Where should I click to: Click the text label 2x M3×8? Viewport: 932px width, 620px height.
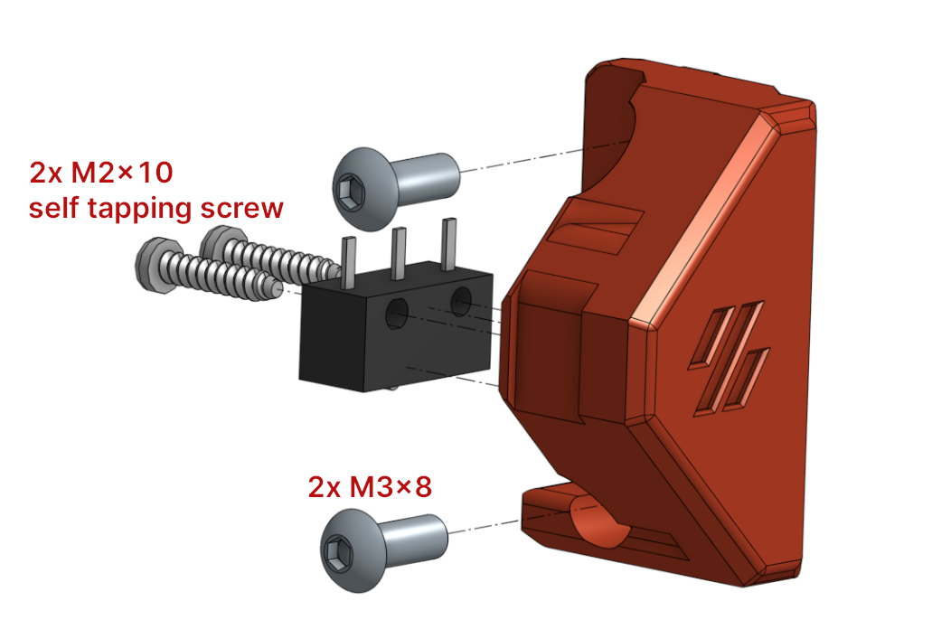click(370, 487)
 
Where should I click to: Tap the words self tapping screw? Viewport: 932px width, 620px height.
click(155, 209)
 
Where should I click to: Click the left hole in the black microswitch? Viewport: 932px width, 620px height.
click(398, 314)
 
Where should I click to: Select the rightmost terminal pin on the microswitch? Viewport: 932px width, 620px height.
click(447, 241)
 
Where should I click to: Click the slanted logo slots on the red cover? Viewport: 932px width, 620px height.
click(729, 358)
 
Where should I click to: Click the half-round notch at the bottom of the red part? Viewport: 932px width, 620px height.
click(598, 525)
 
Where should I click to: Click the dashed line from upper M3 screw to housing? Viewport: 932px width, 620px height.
click(542, 156)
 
